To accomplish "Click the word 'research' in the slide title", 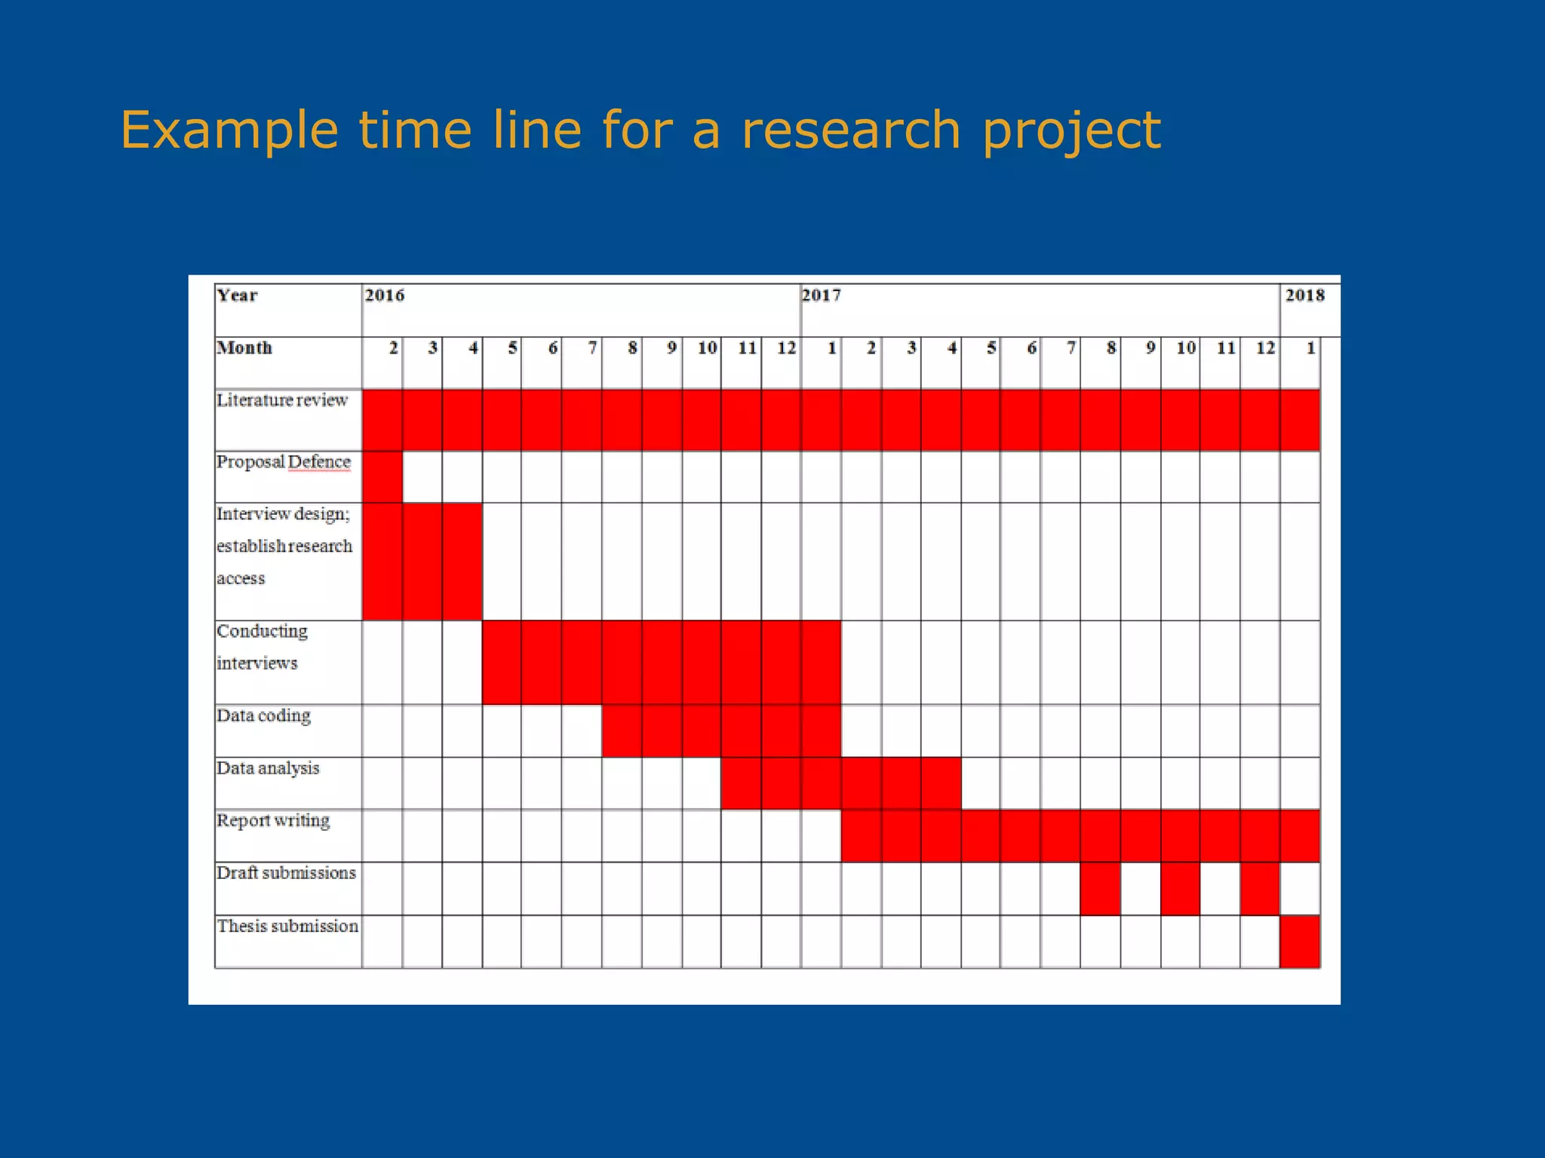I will (851, 130).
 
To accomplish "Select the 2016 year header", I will (385, 296).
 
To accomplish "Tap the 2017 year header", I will (821, 296).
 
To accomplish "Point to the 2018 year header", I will (1304, 296).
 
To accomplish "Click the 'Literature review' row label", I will (282, 400).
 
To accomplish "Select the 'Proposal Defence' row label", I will (284, 462).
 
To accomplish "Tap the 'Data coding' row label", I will (263, 715).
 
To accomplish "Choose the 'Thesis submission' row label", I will (287, 926).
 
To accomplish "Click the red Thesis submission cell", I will (1299, 942).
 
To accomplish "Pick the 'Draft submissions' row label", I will (286, 873).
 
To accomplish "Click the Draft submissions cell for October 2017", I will (1180, 889).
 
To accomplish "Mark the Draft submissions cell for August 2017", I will (1100, 889).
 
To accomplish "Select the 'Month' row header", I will (244, 348).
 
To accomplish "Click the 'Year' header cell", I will (237, 296).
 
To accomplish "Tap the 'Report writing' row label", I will (273, 820).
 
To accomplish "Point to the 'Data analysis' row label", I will (268, 768).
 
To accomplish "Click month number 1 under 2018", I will (1310, 348).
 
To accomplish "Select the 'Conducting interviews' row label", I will (262, 647).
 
